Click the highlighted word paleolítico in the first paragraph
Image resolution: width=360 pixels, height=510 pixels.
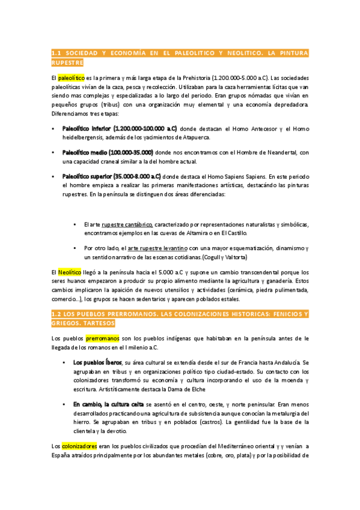click(72, 78)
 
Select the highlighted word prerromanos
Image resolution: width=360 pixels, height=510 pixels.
click(102, 338)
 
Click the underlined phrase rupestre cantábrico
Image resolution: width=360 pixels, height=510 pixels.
click(127, 224)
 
